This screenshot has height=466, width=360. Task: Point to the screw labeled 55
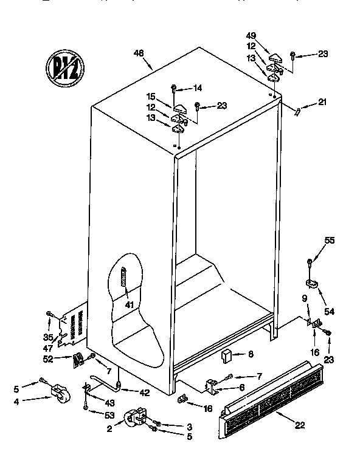(x=310, y=262)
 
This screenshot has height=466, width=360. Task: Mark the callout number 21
(x=322, y=101)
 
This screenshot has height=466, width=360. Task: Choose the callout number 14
(x=197, y=87)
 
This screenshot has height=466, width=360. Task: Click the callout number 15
(x=150, y=96)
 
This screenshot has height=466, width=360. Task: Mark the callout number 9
(x=305, y=298)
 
